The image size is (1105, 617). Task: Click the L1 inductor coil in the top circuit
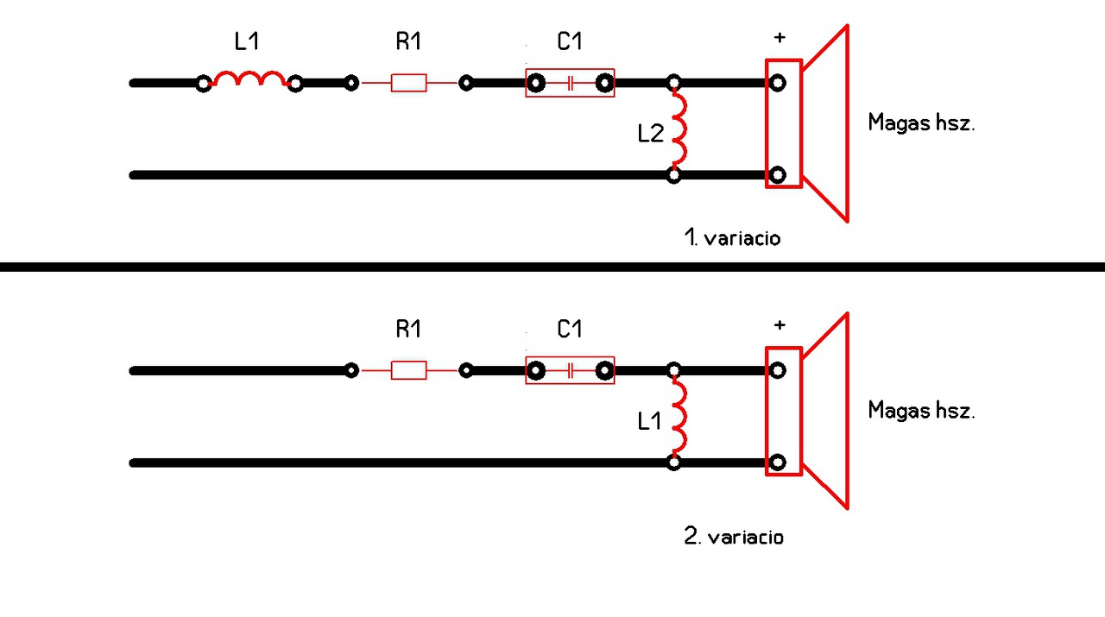(x=249, y=79)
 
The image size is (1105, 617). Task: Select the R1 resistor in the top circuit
(x=408, y=83)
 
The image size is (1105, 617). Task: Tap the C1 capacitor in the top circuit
(x=570, y=83)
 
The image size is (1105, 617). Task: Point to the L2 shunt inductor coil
(x=679, y=129)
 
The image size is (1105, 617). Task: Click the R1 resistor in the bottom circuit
(x=408, y=370)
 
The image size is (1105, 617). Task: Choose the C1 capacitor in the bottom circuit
(x=570, y=370)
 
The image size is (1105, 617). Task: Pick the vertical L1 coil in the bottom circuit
(x=679, y=418)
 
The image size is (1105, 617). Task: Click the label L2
(x=650, y=134)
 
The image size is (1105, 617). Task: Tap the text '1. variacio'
(x=732, y=238)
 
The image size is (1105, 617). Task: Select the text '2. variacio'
(x=734, y=537)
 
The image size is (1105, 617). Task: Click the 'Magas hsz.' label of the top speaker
(x=921, y=123)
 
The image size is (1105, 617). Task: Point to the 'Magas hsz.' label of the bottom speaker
(x=921, y=410)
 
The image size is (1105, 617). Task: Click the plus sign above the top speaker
(x=780, y=37)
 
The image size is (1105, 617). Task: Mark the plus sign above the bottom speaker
(x=780, y=325)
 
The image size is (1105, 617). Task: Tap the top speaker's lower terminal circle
(x=778, y=175)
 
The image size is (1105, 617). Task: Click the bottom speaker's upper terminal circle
(x=778, y=370)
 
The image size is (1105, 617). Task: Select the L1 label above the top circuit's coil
(x=247, y=41)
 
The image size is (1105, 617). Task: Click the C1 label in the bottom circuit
(x=570, y=329)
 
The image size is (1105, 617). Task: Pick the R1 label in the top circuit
(x=408, y=41)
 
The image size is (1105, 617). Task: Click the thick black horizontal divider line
(x=552, y=267)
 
